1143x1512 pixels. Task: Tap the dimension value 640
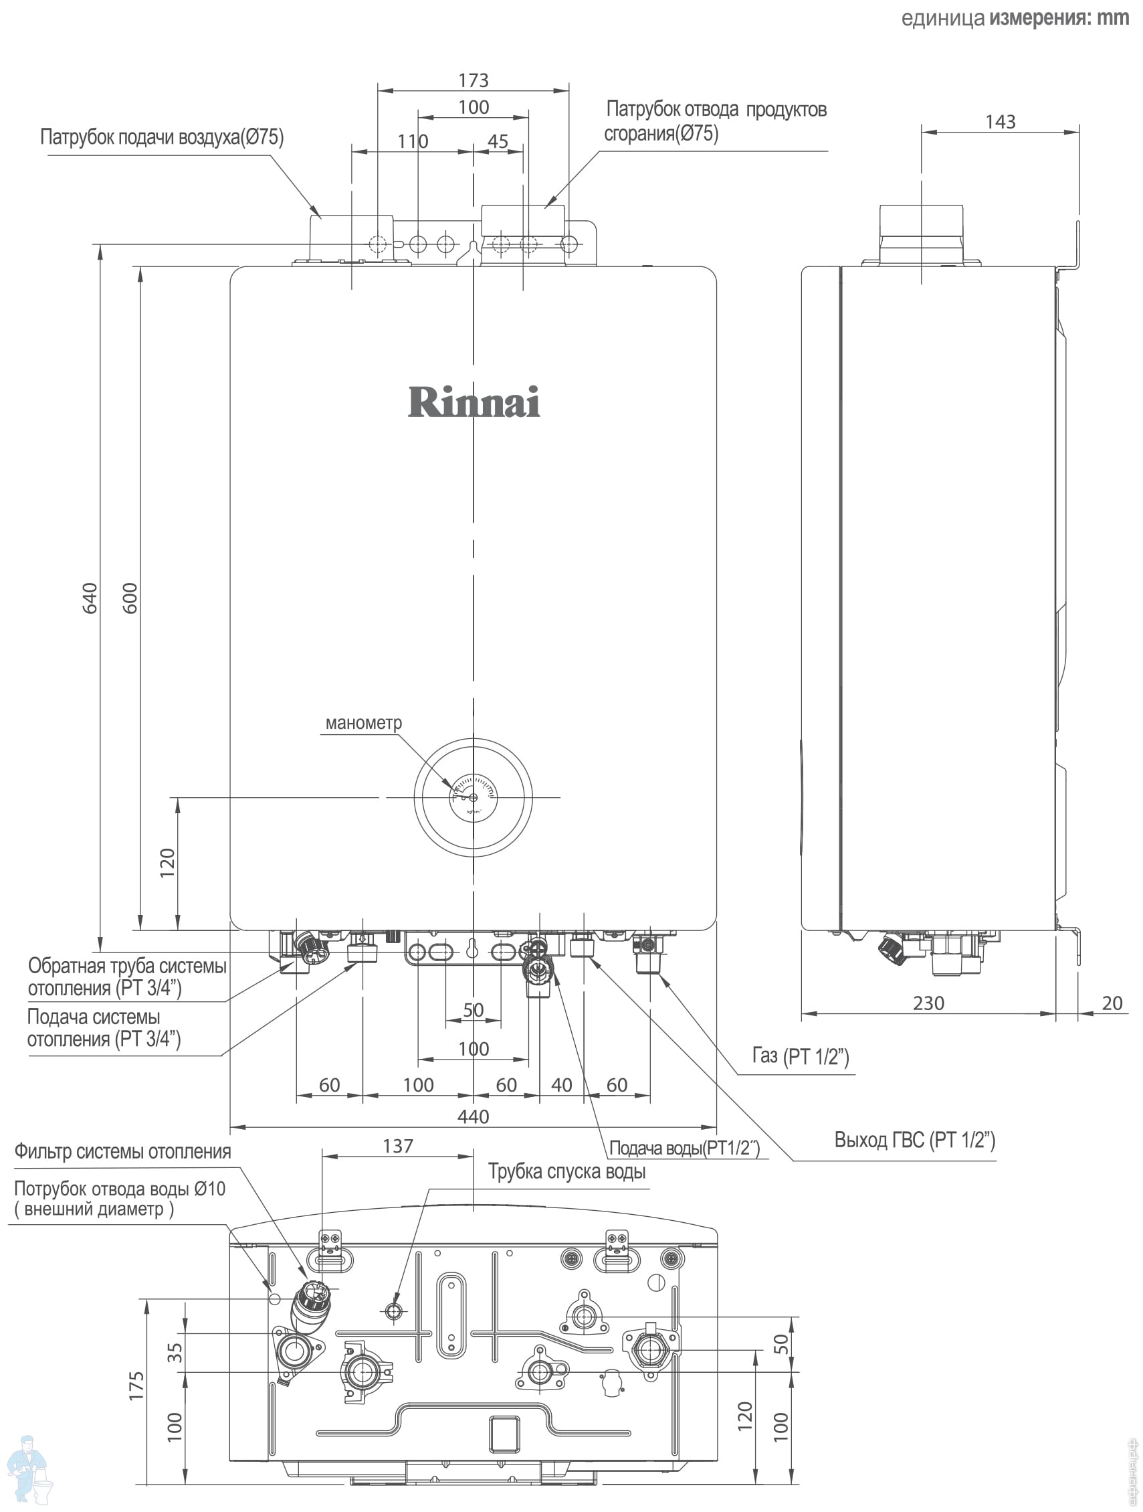point(90,598)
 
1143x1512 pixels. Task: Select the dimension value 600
point(130,598)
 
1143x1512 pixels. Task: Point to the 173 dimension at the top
point(474,81)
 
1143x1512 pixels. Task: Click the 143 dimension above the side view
point(1001,122)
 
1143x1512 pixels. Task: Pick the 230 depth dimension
point(928,1003)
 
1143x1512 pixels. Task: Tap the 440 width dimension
point(473,1116)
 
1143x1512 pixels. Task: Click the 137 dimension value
point(398,1146)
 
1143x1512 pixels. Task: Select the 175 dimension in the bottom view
point(136,1385)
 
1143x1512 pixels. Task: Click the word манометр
point(363,722)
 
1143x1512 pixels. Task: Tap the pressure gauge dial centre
point(474,797)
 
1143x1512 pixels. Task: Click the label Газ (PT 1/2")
point(800,1056)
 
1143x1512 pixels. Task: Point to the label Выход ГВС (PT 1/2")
point(914,1139)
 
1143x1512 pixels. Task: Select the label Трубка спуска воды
point(566,1171)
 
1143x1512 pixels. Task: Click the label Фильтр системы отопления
point(123,1151)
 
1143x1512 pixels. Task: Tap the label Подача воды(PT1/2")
point(684,1148)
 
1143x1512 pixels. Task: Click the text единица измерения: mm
point(1015,18)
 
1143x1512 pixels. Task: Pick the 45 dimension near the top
point(498,141)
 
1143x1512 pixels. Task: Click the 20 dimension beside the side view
point(1112,1003)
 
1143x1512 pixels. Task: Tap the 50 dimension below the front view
point(474,1009)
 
